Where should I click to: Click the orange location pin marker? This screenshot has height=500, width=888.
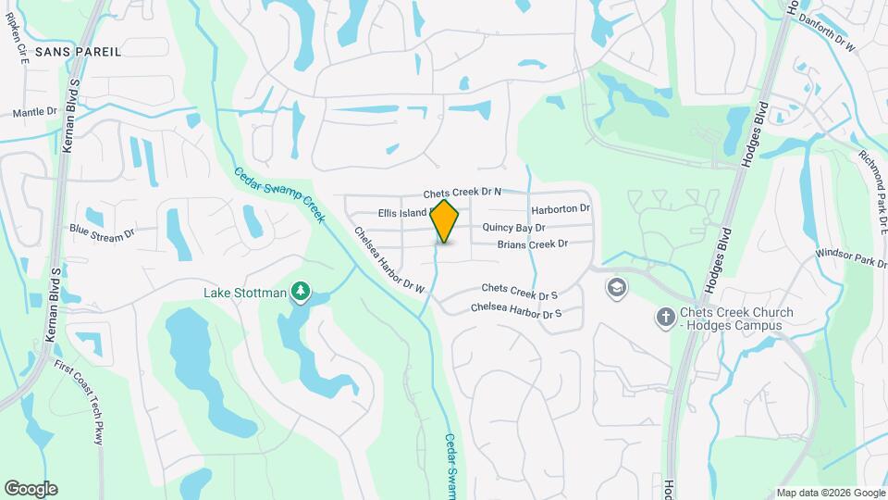point(445,221)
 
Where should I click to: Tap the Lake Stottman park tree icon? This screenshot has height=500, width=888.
point(300,294)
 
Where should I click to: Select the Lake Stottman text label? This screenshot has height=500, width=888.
point(245,294)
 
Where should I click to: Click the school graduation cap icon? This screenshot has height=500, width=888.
point(615,288)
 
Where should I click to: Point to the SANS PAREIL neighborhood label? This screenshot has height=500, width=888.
point(78,51)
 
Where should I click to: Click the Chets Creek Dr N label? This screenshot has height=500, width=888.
point(462,193)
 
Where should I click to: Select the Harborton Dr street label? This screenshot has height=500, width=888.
point(560,209)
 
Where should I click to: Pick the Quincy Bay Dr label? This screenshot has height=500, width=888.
point(513,227)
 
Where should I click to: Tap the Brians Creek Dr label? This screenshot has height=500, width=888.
point(532,244)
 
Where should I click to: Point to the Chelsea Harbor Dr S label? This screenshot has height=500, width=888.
point(516,312)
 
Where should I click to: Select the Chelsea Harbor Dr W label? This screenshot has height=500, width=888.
point(389,262)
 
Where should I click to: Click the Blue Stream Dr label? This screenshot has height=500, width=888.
point(102,232)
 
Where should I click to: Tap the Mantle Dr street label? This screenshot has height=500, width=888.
point(35,112)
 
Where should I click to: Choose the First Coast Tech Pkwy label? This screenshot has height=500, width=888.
point(92,402)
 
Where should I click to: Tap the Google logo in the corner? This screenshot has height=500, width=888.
point(31,489)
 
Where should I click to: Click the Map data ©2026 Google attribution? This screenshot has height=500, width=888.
point(829,493)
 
